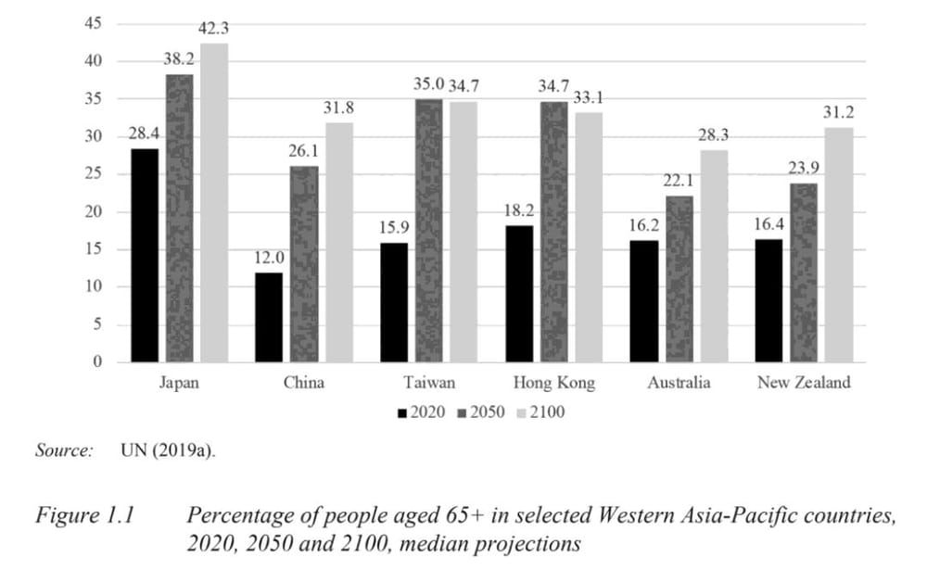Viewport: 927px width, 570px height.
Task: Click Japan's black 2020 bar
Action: pos(145,255)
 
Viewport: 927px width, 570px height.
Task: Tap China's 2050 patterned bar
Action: pos(304,264)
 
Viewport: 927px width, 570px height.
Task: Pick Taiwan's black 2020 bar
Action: pos(394,302)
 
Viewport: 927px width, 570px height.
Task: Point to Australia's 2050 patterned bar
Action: pos(679,278)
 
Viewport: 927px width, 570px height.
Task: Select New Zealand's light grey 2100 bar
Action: pos(838,245)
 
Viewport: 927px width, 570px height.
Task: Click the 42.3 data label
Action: pos(214,29)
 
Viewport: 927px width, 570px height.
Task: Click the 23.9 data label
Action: pos(804,169)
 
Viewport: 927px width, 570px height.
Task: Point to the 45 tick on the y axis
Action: pos(94,22)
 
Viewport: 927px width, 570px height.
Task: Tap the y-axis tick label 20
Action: pos(94,211)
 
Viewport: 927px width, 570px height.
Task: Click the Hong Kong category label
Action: pos(553,383)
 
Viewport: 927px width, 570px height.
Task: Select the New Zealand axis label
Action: pos(803,383)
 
